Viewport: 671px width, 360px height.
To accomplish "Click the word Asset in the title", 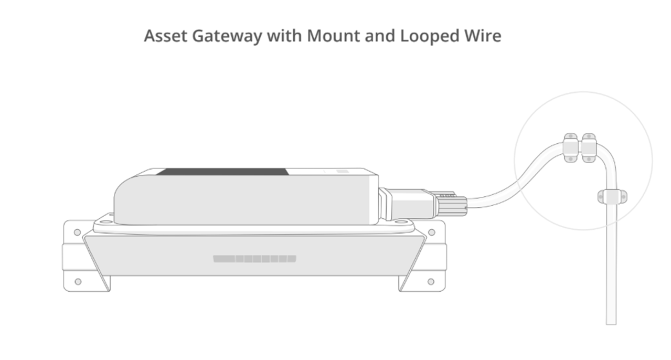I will click(165, 36).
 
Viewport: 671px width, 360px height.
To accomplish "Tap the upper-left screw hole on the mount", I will click(77, 232).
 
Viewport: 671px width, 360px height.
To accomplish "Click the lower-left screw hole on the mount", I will click(78, 282).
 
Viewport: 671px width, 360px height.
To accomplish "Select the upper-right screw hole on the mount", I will click(431, 232).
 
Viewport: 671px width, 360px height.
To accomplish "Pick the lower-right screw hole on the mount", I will click(431, 282).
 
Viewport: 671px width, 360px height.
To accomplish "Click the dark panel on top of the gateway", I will click(223, 172).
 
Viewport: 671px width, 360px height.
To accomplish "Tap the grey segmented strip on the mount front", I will click(254, 259).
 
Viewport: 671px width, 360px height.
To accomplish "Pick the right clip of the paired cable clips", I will click(588, 147).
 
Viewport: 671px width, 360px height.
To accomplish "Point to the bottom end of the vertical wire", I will click(611, 321).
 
